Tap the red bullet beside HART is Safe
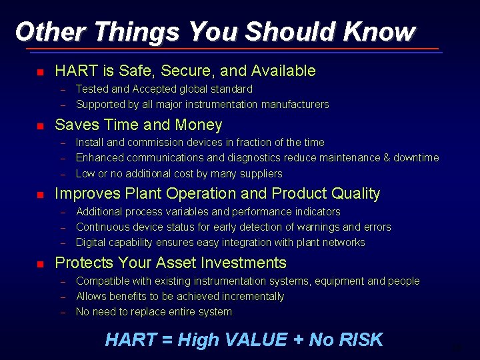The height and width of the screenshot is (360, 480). tap(39, 72)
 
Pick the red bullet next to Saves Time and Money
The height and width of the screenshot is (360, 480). tap(39, 126)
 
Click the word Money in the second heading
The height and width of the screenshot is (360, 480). tap(199, 125)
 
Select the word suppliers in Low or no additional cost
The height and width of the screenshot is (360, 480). tap(260, 173)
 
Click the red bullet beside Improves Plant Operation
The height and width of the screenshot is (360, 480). tap(39, 195)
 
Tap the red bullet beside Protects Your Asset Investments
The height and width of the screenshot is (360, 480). tap(39, 264)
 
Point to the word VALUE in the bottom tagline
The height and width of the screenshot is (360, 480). tap(254, 340)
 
